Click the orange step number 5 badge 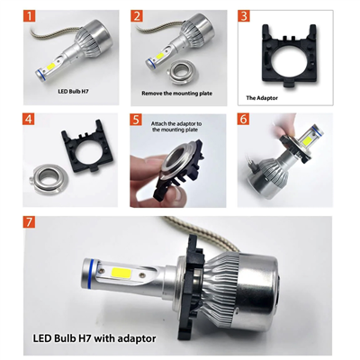coord(136,119)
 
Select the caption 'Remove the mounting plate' coord(176,92)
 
